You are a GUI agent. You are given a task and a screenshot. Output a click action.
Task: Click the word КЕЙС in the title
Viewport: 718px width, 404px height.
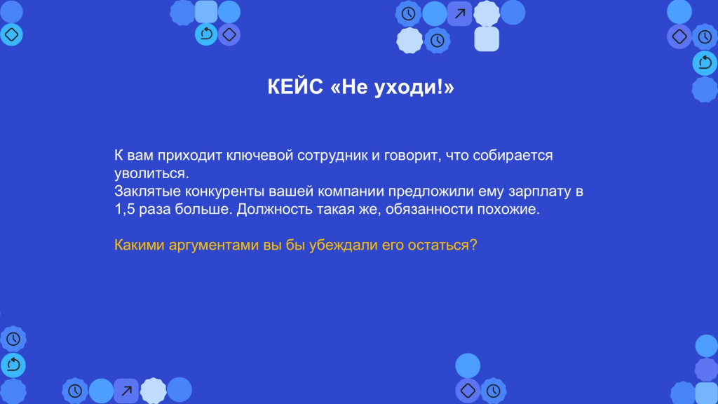coord(295,86)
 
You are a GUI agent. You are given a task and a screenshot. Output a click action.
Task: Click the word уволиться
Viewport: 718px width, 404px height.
coord(151,174)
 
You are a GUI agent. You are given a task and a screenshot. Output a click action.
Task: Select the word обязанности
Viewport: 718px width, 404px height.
coord(429,209)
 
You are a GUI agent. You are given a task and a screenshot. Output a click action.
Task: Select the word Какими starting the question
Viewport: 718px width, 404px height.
coord(140,245)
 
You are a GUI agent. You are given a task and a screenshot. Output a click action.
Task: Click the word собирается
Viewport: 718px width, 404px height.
coord(513,156)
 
